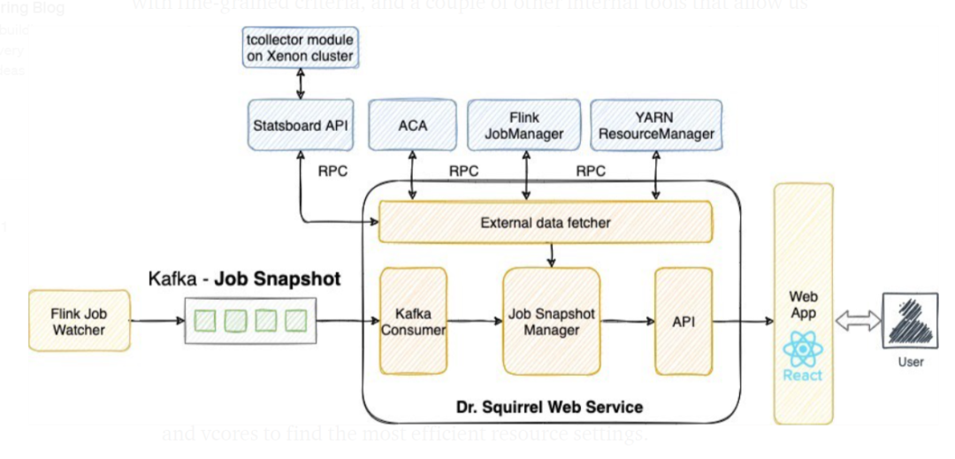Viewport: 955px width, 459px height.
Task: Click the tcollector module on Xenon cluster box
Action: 300,48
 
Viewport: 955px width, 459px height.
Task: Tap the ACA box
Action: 412,125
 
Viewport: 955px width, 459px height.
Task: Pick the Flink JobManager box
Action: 523,125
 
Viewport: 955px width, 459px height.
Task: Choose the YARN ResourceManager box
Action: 655,125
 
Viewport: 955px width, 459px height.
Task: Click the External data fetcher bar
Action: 545,222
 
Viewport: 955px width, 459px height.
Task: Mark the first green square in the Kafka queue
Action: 206,321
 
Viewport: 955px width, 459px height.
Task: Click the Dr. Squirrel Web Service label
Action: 549,408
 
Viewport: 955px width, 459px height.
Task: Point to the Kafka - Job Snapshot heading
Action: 244,279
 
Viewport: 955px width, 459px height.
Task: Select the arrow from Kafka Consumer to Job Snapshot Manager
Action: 475,322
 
